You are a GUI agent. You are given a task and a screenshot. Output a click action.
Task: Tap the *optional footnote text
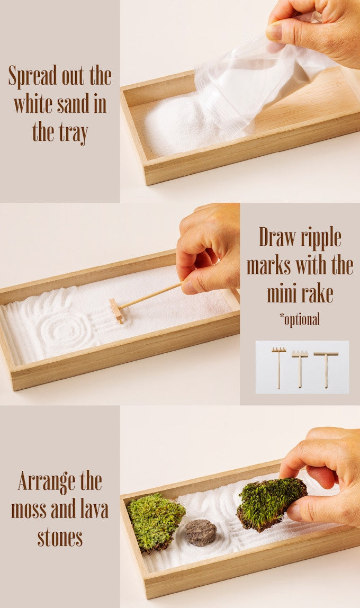[300, 319]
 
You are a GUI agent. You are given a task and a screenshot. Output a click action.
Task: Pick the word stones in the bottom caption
[60, 537]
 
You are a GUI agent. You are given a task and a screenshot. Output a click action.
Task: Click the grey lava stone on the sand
[201, 532]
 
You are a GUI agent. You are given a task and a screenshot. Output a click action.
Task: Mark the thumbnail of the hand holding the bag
[274, 31]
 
